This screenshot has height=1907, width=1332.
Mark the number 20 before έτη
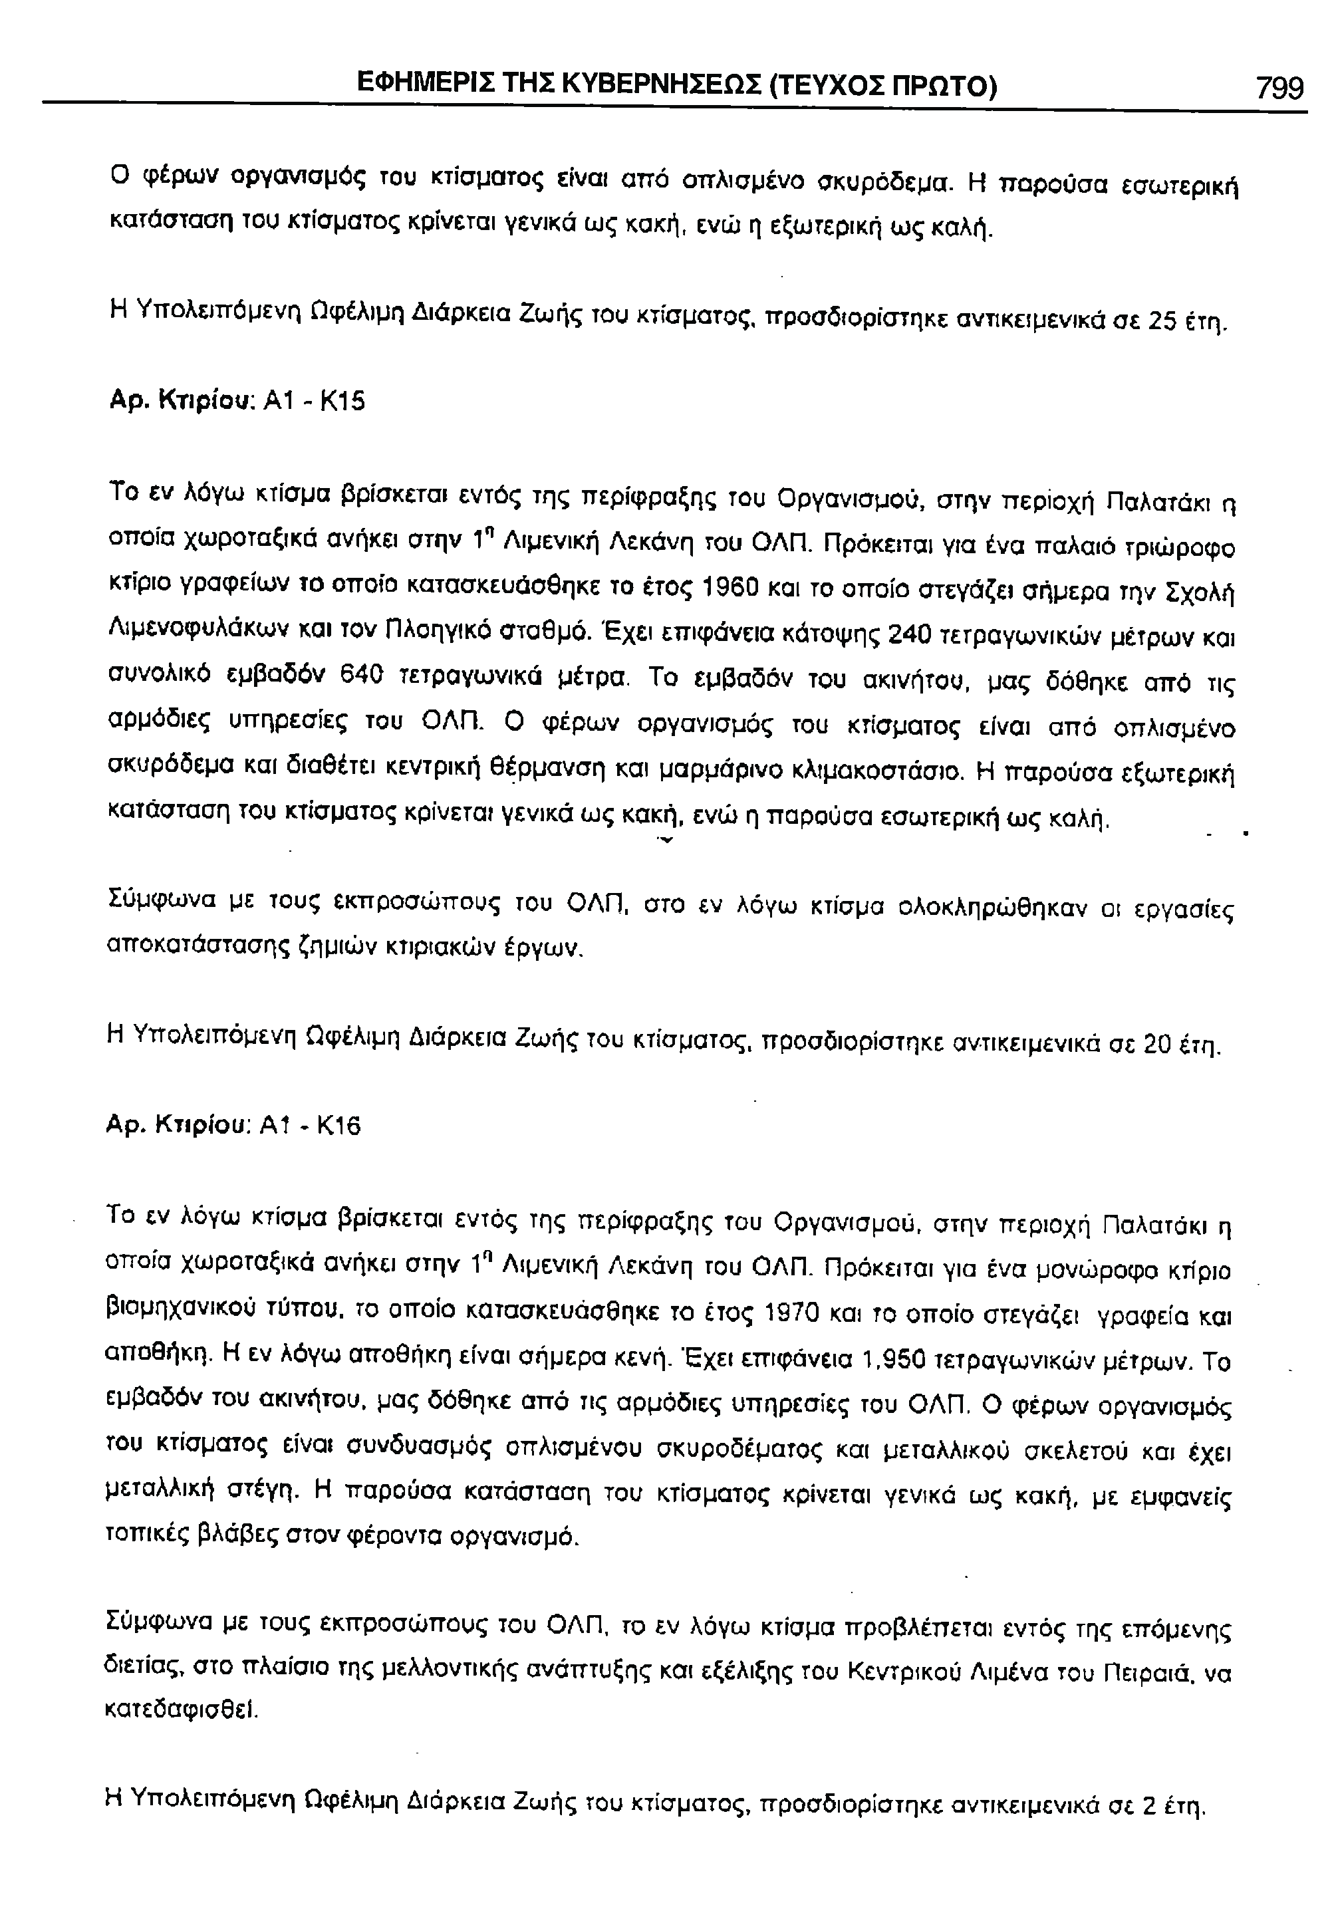click(x=1160, y=1044)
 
